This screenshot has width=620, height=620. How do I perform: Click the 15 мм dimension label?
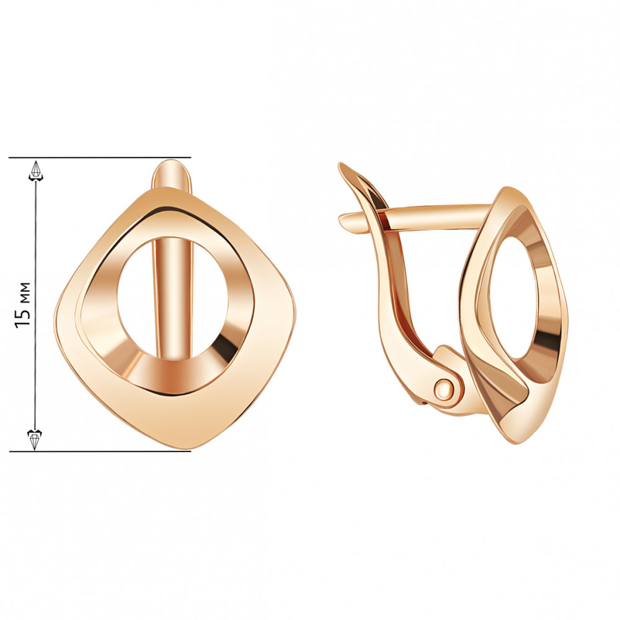coord(22,304)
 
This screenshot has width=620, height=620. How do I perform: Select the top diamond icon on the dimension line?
coord(36,171)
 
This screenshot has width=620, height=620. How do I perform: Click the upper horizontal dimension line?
coord(100,157)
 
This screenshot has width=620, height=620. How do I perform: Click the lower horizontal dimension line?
coord(100,450)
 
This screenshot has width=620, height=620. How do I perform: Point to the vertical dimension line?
coord(35,304)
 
